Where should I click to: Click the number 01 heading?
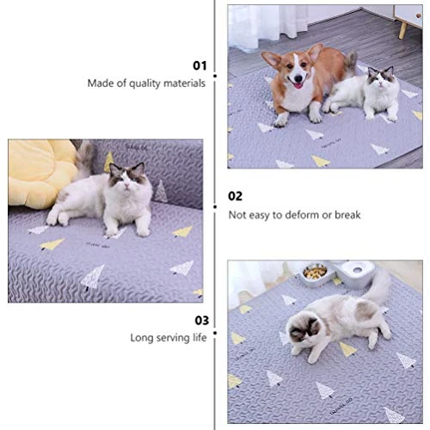coord(200,64)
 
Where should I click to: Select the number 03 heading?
coord(200,319)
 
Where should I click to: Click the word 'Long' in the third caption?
coord(142,338)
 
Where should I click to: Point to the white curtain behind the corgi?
coord(249,26)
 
